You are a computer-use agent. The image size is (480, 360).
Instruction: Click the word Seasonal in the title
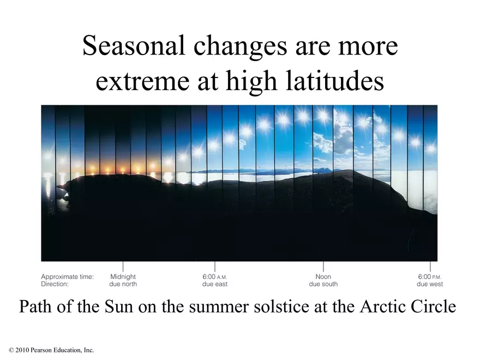pyautogui.click(x=134, y=46)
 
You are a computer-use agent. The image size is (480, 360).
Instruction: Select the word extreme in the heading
pyautogui.click(x=142, y=82)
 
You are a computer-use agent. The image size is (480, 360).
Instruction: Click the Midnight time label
pyautogui.click(x=123, y=277)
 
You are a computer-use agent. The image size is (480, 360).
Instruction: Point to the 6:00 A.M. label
pyautogui.click(x=214, y=277)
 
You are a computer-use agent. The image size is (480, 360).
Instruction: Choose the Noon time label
pyautogui.click(x=323, y=277)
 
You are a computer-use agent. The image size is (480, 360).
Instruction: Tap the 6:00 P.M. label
pyautogui.click(x=429, y=277)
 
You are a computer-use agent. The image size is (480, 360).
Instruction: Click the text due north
pyautogui.click(x=123, y=284)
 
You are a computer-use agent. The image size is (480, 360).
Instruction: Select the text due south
pyautogui.click(x=323, y=284)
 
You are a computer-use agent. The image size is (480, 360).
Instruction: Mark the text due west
pyautogui.click(x=429, y=284)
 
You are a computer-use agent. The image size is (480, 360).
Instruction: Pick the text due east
pyautogui.click(x=214, y=284)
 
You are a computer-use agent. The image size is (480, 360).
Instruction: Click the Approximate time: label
pyautogui.click(x=67, y=277)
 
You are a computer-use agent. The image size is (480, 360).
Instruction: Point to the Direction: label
pyautogui.click(x=55, y=284)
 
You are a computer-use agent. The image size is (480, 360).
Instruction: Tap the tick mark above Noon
pyautogui.click(x=323, y=266)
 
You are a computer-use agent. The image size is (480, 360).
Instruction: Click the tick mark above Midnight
pyautogui.click(x=123, y=266)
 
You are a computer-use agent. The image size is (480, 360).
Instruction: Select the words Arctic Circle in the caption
pyautogui.click(x=408, y=307)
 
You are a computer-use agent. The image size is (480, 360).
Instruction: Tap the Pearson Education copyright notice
pyautogui.click(x=51, y=350)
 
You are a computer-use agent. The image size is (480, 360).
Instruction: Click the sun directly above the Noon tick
pyautogui.click(x=323, y=116)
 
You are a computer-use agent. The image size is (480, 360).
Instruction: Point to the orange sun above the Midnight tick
pyautogui.click(x=123, y=169)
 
